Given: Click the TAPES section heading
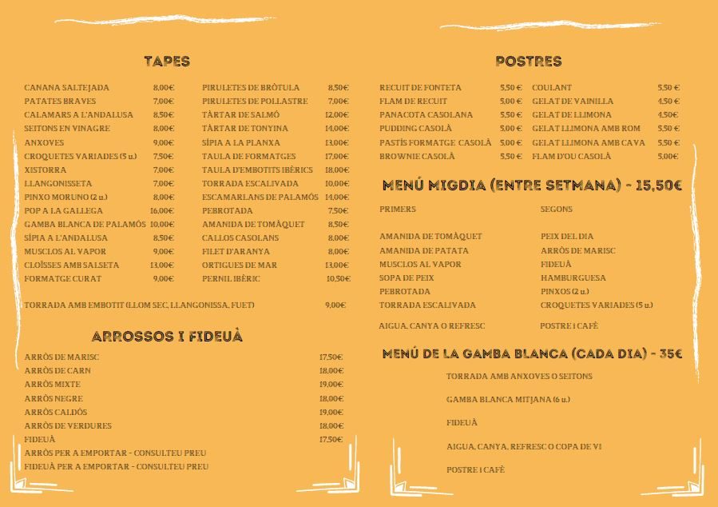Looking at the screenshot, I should point(167,62).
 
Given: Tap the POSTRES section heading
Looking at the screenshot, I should point(528,62).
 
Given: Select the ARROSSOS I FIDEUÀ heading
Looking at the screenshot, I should point(167,337).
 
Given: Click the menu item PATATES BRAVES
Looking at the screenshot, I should point(60,102).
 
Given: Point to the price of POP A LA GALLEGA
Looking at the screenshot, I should point(163,210).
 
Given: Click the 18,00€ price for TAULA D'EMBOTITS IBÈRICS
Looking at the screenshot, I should point(336,170).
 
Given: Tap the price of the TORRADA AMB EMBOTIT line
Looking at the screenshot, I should point(335,305).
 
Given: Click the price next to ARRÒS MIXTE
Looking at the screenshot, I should point(330,385).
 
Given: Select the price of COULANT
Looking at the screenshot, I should point(668,88).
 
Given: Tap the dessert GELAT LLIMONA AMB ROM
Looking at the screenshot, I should point(586,129).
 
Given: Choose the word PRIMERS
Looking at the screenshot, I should point(398,210).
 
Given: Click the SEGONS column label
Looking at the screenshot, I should point(556,210).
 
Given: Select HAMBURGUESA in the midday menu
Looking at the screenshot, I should point(573,277).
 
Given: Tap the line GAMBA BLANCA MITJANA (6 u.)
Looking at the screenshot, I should point(508,399).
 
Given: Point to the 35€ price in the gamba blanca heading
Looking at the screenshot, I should point(670,353).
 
